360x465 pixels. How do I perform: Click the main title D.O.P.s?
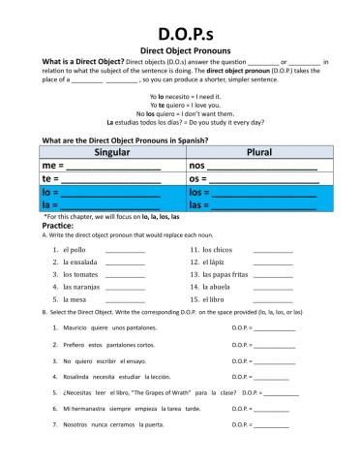(x=180, y=22)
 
